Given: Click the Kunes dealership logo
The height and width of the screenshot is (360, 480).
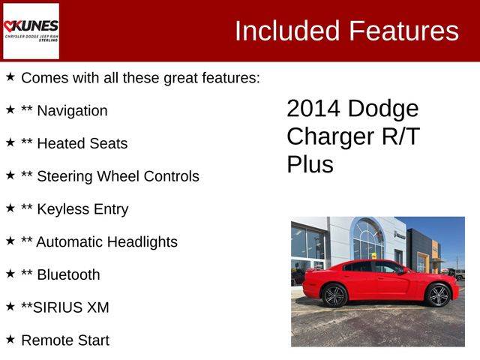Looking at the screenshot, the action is pos(31,31).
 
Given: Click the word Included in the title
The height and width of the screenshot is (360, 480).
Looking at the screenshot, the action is pos(287,31).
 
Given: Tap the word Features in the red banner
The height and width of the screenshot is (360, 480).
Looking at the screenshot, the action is pos(404,31).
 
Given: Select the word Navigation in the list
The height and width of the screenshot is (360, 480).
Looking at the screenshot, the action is pos(72,111).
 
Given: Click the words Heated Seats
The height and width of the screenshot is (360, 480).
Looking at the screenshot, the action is pos(82,143).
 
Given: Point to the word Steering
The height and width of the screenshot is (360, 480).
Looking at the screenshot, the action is pos(64,177).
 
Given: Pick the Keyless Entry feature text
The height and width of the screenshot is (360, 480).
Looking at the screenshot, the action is pos(82,209).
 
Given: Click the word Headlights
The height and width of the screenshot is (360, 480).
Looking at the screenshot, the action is pos(142,241).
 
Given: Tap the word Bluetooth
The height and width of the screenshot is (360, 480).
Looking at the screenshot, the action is pos(68,274).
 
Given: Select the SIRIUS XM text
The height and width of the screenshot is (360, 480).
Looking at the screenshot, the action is pos(70,307).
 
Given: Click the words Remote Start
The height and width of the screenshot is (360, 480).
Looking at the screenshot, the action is pos(65,340).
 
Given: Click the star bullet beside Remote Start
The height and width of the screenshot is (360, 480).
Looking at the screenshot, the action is pos(10,339).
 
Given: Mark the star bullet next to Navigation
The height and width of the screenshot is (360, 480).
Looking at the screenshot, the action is pos(10,109).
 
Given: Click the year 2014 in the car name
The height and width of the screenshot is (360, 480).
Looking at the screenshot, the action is pos(313,108).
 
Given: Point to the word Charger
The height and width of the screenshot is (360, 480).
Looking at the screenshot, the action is pos(330,136).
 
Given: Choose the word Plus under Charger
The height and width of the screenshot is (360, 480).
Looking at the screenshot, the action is pos(310,164).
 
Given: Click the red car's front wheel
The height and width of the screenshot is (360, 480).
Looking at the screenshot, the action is pos(438,295).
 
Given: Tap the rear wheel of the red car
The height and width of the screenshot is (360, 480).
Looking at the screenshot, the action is pos(334,295).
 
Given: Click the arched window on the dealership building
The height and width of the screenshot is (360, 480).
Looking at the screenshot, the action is pos(367,238).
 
